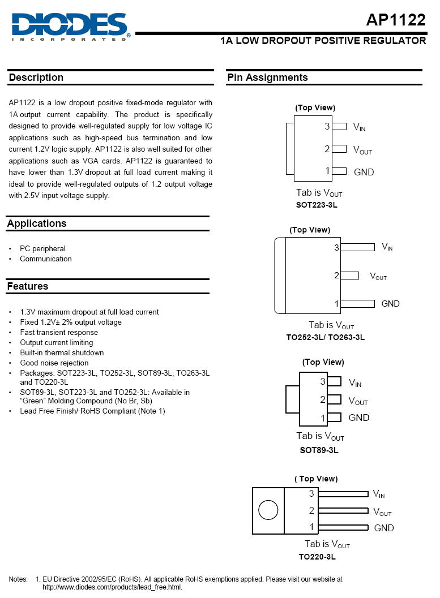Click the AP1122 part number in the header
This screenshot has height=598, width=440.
[395, 20]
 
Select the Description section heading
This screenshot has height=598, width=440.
[36, 78]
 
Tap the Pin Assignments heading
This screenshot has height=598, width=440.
[267, 78]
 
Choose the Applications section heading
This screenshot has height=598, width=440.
[37, 223]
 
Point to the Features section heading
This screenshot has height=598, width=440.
[28, 286]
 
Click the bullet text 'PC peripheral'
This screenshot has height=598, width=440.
[42, 248]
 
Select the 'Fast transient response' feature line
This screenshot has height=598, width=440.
[59, 332]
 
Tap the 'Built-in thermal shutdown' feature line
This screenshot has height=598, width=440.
[62, 352]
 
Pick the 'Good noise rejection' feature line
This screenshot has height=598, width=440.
[54, 363]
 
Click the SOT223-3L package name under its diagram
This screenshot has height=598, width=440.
[317, 205]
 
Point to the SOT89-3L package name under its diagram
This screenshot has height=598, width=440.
[319, 450]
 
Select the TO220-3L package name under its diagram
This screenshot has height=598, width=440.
[317, 556]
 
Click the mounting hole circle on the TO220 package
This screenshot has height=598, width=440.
[268, 510]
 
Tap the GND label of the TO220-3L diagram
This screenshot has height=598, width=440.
[384, 528]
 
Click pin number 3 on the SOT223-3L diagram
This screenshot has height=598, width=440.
[327, 127]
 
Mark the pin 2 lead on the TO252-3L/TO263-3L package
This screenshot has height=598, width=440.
[350, 276]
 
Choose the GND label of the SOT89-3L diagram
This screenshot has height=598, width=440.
[359, 418]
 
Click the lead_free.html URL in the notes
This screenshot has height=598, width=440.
[113, 587]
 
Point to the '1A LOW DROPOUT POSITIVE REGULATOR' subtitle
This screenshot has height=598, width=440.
[323, 41]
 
